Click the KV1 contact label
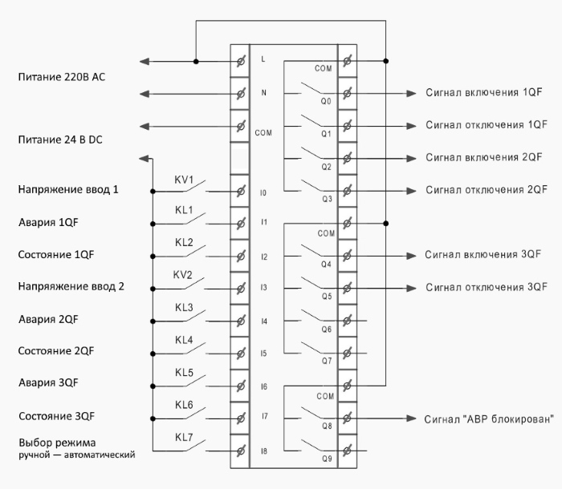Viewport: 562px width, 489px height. tap(185, 179)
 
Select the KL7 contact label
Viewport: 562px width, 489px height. tap(185, 438)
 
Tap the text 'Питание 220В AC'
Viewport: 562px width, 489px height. tap(61, 77)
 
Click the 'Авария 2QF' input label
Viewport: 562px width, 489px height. tap(47, 319)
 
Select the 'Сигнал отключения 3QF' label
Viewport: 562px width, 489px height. tap(487, 287)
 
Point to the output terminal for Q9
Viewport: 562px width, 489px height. tap(347, 451)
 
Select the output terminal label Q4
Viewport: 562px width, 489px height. tap(326, 263)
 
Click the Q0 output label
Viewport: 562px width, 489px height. tap(326, 102)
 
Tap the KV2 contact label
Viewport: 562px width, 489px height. tap(185, 275)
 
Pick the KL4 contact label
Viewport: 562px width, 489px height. tap(185, 341)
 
